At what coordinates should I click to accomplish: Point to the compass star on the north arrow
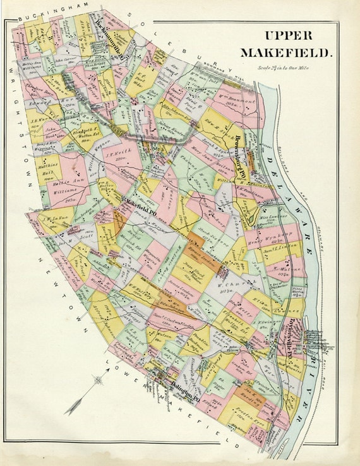pos(99,380)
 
